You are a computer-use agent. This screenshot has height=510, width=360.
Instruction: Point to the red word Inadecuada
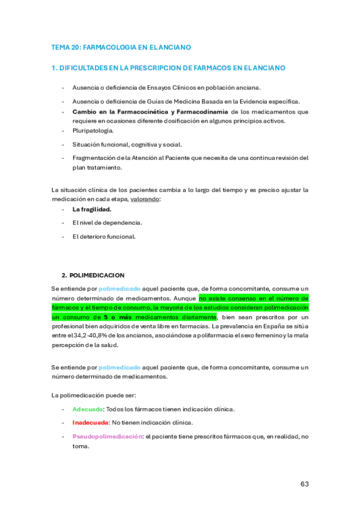click(90, 422)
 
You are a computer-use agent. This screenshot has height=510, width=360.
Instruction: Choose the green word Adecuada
click(87, 409)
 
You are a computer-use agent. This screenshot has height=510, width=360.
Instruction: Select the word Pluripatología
click(93, 131)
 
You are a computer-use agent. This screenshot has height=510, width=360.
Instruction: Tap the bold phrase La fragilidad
click(92, 209)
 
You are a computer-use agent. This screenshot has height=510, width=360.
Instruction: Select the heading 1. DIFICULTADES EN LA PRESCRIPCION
click(168, 68)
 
